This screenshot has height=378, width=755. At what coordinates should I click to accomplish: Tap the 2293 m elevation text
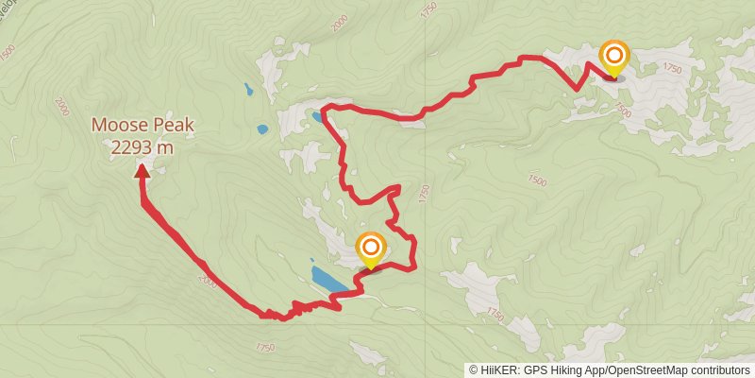point(142,146)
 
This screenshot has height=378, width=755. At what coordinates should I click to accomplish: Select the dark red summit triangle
point(142,170)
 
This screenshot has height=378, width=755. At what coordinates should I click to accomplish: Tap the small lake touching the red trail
point(315,117)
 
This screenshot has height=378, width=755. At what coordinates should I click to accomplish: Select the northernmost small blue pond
point(248,91)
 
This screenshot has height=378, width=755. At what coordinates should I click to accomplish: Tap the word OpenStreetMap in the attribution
point(642,369)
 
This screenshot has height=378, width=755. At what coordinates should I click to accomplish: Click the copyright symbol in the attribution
point(474,369)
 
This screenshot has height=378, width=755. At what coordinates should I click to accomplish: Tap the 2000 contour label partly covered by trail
point(208,281)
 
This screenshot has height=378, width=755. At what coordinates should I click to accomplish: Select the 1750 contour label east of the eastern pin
point(672,68)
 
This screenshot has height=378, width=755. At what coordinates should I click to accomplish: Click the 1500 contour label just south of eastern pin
point(622,112)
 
